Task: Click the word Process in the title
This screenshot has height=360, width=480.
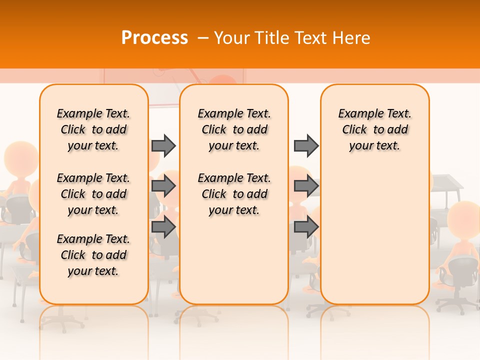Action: pos(154,37)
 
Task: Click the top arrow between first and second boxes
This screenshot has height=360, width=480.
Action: pos(163,145)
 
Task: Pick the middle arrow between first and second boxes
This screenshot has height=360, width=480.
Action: pos(163,186)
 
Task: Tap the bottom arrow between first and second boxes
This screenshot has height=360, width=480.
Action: pos(163,227)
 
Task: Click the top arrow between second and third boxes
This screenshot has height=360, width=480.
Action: pos(306,145)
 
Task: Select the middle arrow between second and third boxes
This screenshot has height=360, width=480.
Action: pos(306,186)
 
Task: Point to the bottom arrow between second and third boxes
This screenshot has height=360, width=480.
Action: pos(306,227)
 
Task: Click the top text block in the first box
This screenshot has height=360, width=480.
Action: pos(93,129)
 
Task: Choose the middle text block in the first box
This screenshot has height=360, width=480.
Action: pos(93,194)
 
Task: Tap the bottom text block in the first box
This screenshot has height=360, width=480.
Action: pos(93,255)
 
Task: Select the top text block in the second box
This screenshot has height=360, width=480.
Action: pos(234,129)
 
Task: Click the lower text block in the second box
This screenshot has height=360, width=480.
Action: pos(234,194)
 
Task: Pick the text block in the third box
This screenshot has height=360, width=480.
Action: pos(375,129)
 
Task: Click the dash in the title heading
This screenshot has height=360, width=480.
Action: pos(203,38)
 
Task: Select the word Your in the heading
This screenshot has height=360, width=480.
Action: pos(232,37)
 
